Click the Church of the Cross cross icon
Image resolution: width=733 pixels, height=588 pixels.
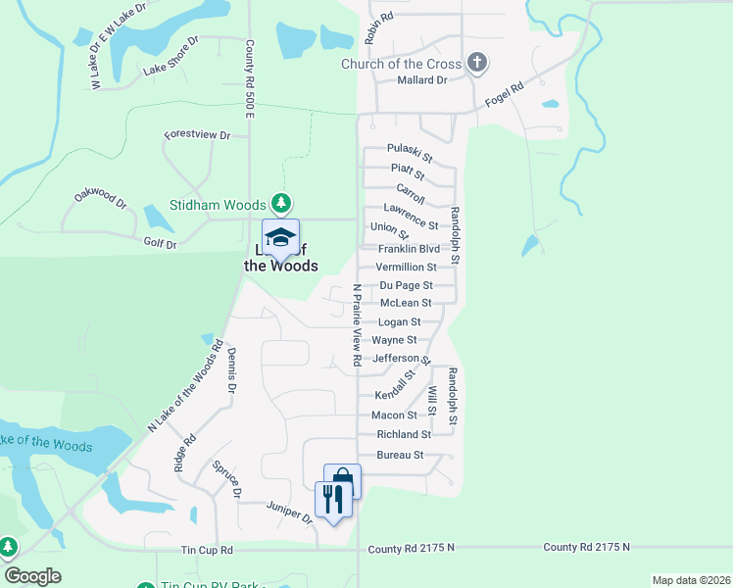click(x=477, y=64)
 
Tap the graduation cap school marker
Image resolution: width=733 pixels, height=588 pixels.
click(x=280, y=239)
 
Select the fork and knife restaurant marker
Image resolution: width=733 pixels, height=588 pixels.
click(x=333, y=500)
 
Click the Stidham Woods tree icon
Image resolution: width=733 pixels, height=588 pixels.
click(x=281, y=204)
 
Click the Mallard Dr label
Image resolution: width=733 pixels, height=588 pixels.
click(x=422, y=80)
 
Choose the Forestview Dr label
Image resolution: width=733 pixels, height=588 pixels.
click(x=197, y=134)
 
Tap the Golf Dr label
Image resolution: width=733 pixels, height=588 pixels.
click(x=160, y=243)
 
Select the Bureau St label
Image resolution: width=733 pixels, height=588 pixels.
click(x=399, y=455)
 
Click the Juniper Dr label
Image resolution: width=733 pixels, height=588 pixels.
click(x=288, y=511)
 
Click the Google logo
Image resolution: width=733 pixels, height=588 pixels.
click(x=33, y=576)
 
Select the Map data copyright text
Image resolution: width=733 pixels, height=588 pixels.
click(x=690, y=580)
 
